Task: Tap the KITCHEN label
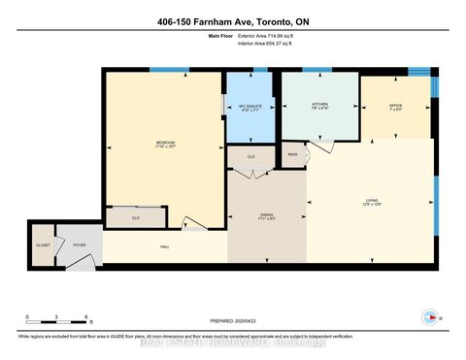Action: click(x=319, y=103)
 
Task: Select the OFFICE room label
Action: click(x=394, y=105)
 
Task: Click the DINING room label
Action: click(x=266, y=215)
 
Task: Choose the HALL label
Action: click(x=165, y=246)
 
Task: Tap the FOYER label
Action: click(x=80, y=245)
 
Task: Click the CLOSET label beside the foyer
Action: click(x=43, y=245)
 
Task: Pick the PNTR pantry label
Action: click(x=292, y=153)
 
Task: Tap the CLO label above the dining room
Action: click(x=250, y=156)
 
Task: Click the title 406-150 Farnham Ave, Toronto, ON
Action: click(x=233, y=22)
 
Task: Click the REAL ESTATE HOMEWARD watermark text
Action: click(x=233, y=342)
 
